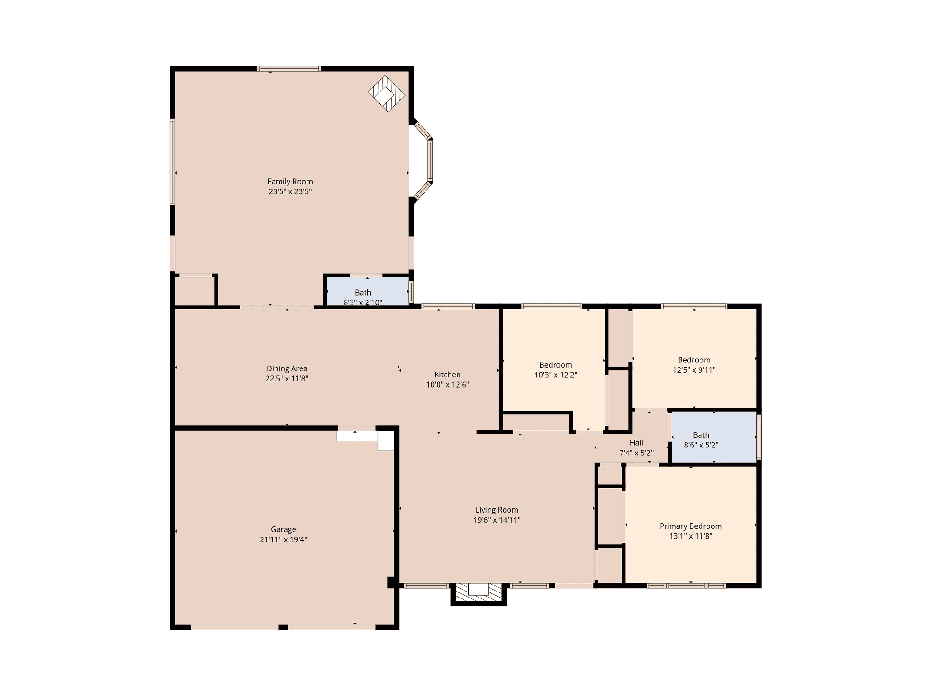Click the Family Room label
[x=290, y=182]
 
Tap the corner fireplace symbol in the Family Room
[x=386, y=94]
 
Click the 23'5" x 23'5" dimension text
[x=290, y=191]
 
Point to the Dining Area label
[x=287, y=368]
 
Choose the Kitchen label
[x=448, y=375]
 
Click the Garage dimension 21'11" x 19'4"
[x=283, y=539]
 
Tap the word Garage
[x=283, y=530]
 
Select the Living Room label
[x=497, y=510]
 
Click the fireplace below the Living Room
[x=478, y=594]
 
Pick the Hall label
[x=636, y=443]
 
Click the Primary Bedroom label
[x=691, y=526]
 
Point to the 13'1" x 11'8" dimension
[x=691, y=536]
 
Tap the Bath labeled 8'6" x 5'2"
[x=701, y=435]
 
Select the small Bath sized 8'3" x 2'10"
[x=363, y=293]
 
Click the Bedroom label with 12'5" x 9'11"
[x=694, y=360]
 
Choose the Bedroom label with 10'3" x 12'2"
[x=556, y=365]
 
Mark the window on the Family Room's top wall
[x=289, y=69]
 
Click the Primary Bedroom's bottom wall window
[x=686, y=585]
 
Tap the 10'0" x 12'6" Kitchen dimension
[x=448, y=385]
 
